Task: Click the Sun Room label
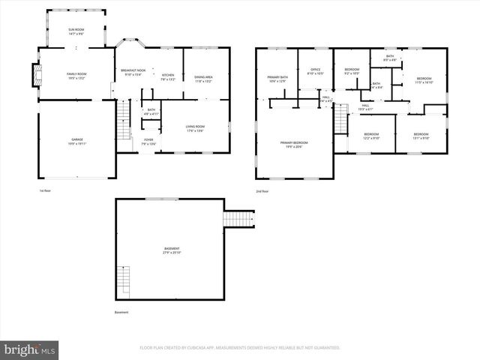tap(76, 32)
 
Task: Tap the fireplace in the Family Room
tap(34, 76)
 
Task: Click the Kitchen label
tap(168, 76)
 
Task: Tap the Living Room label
tap(196, 127)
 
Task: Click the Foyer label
tap(149, 141)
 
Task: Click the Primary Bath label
tap(277, 78)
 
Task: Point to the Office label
tap(315, 72)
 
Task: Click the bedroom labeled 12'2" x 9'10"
tap(371, 137)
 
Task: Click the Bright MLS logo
tap(29, 349)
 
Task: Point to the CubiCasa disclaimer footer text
tap(240, 348)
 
